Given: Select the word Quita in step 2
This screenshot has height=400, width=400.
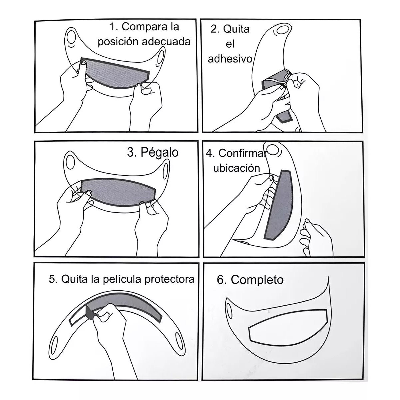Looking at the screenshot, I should pos(236,29).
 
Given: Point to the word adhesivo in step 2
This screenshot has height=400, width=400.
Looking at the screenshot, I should pos(230,59).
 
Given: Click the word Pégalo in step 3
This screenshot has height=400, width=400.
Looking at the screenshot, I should pos(159,152).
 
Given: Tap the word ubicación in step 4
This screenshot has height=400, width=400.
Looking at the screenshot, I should pos(236,168).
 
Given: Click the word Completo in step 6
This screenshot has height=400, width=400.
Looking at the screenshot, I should pos(257,280).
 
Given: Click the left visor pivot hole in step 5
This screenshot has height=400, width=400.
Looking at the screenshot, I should pos(55,343).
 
